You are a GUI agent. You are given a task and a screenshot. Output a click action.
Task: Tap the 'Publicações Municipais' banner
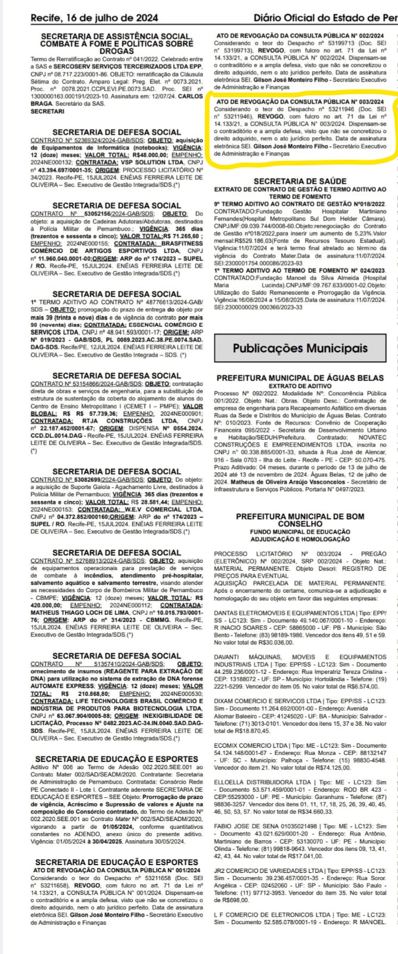point(300,348)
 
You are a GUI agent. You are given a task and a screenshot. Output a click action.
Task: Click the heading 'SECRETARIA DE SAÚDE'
point(300,182)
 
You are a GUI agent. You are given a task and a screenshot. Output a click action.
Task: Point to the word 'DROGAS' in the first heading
point(116,52)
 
